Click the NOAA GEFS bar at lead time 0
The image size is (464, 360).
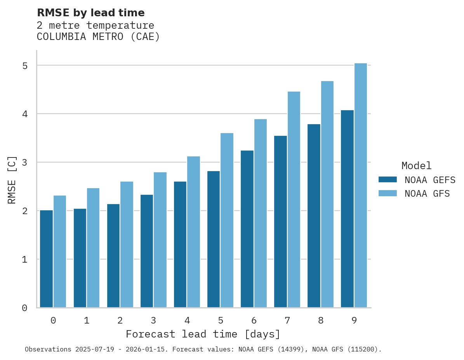point(47,259)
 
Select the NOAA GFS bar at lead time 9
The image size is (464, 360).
point(361,185)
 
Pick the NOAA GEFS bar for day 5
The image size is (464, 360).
point(214,239)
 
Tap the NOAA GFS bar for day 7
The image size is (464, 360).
point(294,199)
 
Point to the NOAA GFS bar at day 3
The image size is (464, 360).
point(160,240)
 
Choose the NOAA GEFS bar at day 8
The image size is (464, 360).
point(314,216)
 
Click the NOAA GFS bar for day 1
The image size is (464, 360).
point(93,248)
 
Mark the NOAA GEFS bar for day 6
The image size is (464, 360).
point(247,229)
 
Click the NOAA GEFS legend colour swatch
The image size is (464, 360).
point(388,180)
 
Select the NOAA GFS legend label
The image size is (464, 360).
point(427,194)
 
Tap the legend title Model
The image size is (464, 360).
point(416,166)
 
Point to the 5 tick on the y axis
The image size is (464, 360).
point(25,66)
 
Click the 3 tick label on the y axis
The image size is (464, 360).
point(25,162)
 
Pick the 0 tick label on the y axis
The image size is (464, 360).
point(25,308)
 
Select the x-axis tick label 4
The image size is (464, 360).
point(187,321)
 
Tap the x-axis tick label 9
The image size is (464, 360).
point(354,321)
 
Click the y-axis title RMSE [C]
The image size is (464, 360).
point(12,180)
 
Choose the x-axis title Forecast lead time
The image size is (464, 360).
point(203,334)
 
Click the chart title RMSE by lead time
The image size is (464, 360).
point(91,13)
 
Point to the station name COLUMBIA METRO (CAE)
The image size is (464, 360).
point(98,37)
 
